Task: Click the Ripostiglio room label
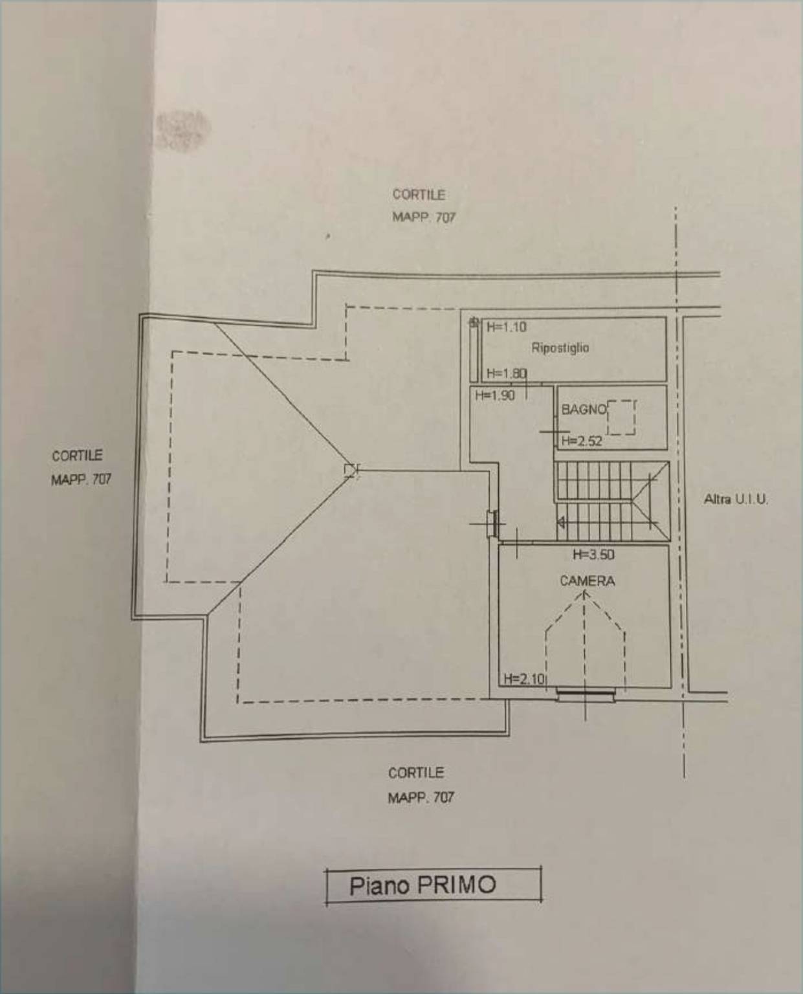point(560,348)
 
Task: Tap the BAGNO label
point(584,409)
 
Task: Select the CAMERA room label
point(588,581)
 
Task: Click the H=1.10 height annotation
point(506,327)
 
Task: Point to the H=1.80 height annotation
point(506,373)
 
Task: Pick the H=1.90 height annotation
point(495,395)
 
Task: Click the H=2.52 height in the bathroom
point(582,441)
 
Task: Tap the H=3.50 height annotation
point(593,555)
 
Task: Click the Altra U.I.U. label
point(735,500)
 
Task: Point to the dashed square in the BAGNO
point(621,417)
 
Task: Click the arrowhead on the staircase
point(561,522)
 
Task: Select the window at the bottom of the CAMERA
point(586,694)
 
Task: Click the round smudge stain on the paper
point(183,129)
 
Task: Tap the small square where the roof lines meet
point(351,470)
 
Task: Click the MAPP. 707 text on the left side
point(81,480)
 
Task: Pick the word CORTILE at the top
point(419,195)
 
